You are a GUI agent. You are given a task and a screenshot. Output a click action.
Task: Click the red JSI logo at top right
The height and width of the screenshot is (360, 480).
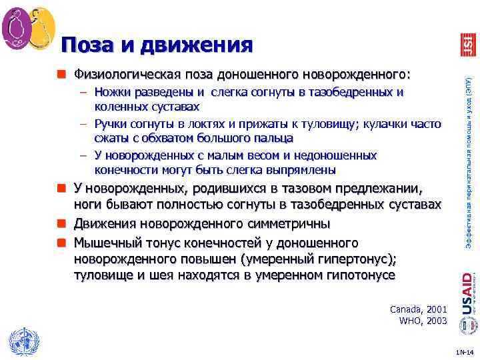467,45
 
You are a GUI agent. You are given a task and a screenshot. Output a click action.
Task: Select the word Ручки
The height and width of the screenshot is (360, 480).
111,123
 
